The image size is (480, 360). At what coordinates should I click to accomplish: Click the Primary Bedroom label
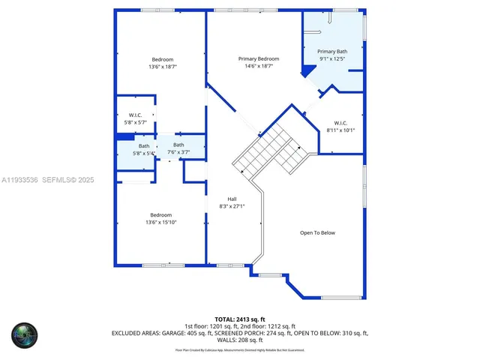[x=259, y=58]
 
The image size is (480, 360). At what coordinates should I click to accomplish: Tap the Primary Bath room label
[x=332, y=51]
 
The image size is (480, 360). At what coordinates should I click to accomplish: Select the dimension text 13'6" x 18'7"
[x=163, y=67]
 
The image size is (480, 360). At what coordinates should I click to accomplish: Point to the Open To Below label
[x=317, y=232]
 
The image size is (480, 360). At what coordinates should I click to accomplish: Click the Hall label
[x=232, y=199]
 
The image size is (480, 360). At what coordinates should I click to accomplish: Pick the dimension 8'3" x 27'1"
[x=232, y=206]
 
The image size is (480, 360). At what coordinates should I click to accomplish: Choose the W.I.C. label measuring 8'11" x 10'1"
[x=340, y=123]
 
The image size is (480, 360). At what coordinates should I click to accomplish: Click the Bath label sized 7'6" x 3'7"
[x=178, y=145]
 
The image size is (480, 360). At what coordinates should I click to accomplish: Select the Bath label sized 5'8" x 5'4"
[x=144, y=146]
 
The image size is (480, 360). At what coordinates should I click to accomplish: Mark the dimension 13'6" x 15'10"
[x=160, y=222]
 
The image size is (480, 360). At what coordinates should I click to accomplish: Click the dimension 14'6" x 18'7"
[x=259, y=66]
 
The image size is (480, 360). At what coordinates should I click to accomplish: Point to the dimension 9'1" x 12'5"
[x=332, y=58]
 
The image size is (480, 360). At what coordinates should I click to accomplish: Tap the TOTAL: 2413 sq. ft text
[x=240, y=319]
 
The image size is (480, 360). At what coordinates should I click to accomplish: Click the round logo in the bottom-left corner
[x=25, y=334]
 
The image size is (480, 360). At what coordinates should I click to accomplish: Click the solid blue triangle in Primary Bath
[x=307, y=71]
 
